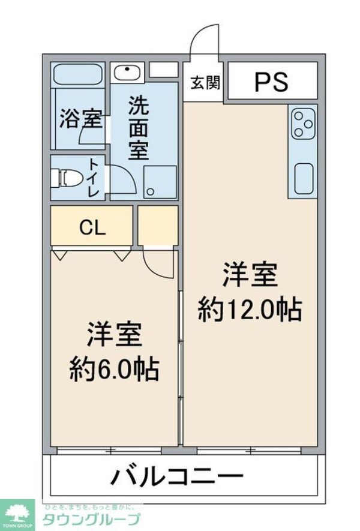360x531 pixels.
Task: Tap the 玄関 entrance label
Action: click(x=205, y=82)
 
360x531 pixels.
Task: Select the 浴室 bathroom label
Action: click(x=80, y=119)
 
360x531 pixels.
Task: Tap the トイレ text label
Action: click(x=94, y=178)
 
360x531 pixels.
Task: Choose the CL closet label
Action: click(x=93, y=227)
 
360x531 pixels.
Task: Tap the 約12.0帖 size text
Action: click(x=249, y=310)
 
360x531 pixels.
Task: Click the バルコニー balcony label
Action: click(x=178, y=477)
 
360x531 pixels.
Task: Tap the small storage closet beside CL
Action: click(x=158, y=225)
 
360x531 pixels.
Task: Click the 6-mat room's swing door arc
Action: click(x=157, y=264)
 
